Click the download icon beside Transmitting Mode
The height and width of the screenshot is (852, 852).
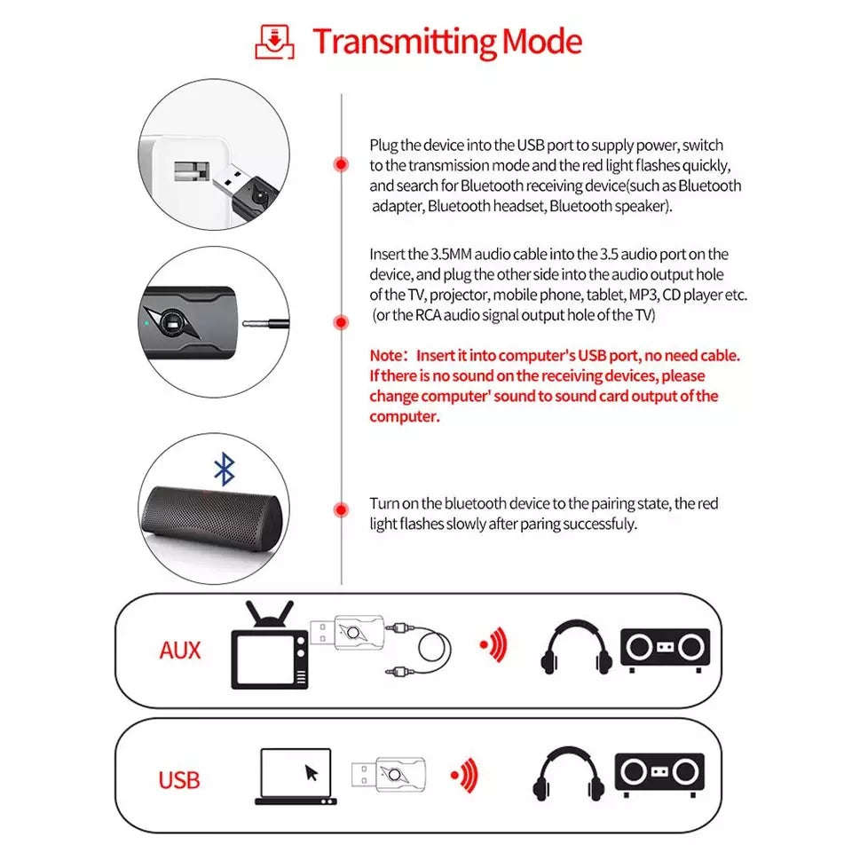tap(274, 42)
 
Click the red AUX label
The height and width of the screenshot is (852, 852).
tap(179, 651)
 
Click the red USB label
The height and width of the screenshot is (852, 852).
tap(178, 781)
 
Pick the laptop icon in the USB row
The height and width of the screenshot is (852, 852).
tap(296, 777)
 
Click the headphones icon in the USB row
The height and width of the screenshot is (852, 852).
tap(569, 777)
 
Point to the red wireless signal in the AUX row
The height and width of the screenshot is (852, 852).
tap(493, 646)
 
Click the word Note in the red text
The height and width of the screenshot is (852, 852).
tap(386, 355)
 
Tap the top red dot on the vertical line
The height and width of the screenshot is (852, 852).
tap(340, 165)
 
